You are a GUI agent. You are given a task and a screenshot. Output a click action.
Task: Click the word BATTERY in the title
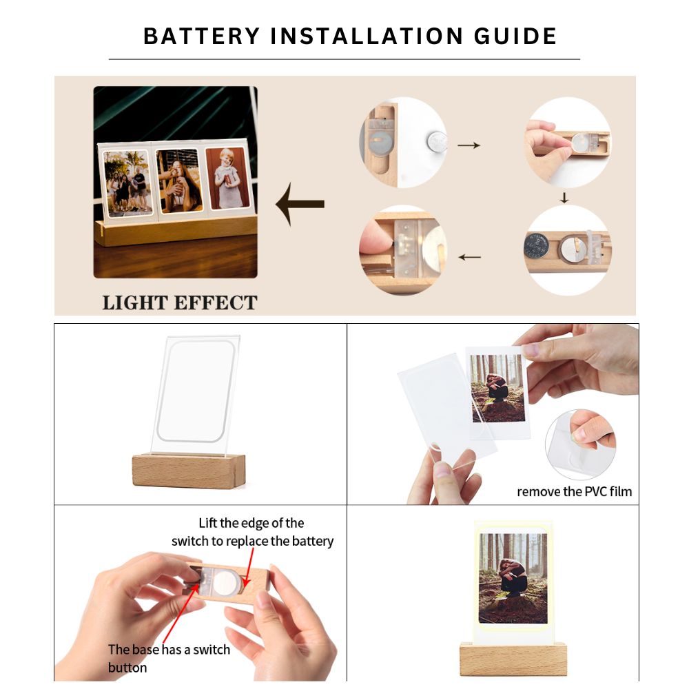(x=202, y=36)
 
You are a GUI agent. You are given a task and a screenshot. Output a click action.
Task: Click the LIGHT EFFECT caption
(x=180, y=302)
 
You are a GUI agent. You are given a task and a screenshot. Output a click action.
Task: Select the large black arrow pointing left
(x=300, y=205)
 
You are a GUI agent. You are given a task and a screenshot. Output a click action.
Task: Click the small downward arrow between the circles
(x=564, y=198)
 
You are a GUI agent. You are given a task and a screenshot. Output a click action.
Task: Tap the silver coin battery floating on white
(x=437, y=142)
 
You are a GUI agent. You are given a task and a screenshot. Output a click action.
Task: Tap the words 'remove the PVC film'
(x=575, y=491)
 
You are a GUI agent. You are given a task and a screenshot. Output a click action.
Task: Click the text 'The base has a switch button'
(x=169, y=658)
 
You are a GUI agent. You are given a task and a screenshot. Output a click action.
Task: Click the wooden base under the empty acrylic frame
(x=189, y=471)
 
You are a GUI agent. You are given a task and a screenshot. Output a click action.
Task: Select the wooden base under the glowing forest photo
(x=513, y=659)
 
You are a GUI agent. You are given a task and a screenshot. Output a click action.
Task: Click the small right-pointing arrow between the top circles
(x=469, y=145)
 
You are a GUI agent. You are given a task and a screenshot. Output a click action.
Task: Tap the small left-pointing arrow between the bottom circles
(x=469, y=257)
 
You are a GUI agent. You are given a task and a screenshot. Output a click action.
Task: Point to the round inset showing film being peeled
(x=580, y=444)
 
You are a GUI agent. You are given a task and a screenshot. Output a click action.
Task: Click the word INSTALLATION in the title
(x=367, y=36)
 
